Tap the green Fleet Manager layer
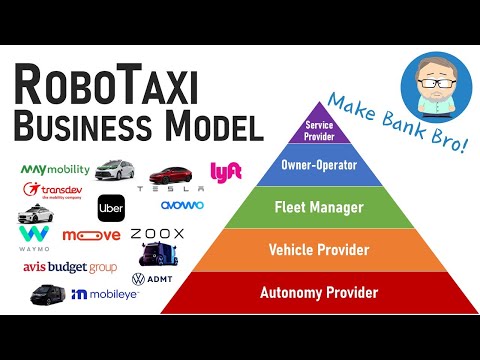click(x=312, y=209)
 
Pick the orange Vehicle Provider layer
click(x=314, y=250)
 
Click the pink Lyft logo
click(x=227, y=173)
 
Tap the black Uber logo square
click(x=111, y=208)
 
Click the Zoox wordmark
click(x=157, y=234)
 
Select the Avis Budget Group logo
click(x=70, y=267)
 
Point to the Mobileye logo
click(x=105, y=295)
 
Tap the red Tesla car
click(x=170, y=175)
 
